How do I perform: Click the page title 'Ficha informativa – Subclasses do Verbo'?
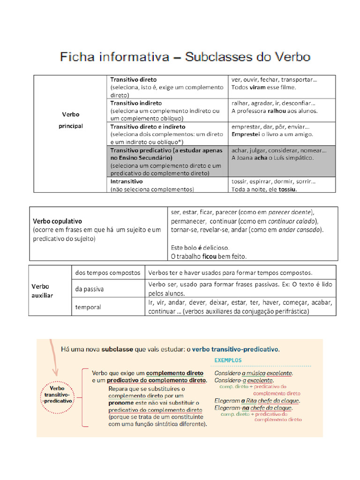tap(185, 57)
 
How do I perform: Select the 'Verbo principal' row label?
tap(71, 120)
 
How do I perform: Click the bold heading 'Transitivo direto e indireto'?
tap(148, 127)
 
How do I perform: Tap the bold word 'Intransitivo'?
tap(127, 181)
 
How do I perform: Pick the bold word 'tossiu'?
tap(287, 189)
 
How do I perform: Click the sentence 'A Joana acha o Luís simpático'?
tap(272, 158)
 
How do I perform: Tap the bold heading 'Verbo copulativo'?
tap(57, 221)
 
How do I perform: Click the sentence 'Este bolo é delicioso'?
tap(200, 247)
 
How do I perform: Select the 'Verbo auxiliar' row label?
tap(42, 291)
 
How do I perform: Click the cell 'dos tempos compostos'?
tap(108, 272)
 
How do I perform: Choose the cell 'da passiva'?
tap(90, 289)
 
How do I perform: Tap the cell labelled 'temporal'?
tap(88, 307)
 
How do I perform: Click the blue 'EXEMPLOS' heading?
tap(228, 360)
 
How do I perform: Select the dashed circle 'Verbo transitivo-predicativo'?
tap(57, 395)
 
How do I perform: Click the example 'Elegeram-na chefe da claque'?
tap(254, 408)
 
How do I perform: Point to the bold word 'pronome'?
tap(121, 403)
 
